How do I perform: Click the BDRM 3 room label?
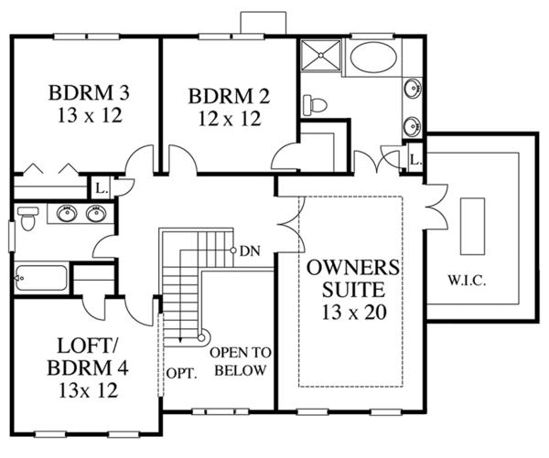[89, 92]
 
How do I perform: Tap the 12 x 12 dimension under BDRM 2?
[230, 119]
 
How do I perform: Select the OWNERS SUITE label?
[353, 279]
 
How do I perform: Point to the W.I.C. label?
[467, 281]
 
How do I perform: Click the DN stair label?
[250, 250]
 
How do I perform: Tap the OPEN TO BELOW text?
[241, 361]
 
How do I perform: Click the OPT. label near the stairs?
[181, 374]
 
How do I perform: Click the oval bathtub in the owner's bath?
[373, 59]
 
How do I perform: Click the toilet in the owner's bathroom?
[315, 104]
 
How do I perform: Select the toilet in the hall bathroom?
[27, 218]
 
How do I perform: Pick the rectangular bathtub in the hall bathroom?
[41, 278]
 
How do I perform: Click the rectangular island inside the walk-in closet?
[472, 226]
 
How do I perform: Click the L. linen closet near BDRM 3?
[101, 189]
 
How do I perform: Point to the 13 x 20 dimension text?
[354, 313]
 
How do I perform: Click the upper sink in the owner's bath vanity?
[413, 88]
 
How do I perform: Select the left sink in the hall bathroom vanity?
[67, 213]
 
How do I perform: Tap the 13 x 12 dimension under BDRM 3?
[90, 115]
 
